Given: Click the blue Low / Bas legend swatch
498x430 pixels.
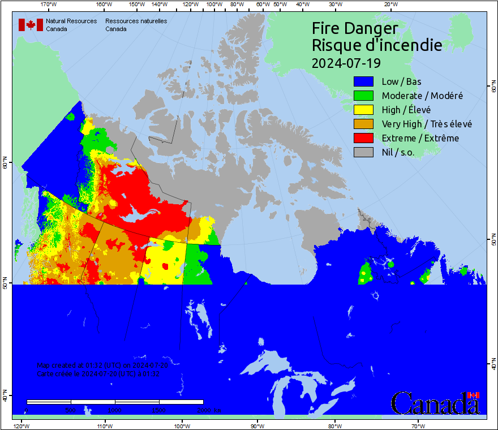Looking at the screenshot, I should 363,81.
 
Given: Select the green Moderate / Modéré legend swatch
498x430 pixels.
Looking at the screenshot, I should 363,96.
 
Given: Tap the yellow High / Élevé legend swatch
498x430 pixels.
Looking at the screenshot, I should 363,110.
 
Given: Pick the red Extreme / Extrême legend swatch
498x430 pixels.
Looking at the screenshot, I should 363,138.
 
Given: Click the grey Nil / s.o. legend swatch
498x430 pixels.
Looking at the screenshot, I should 363,152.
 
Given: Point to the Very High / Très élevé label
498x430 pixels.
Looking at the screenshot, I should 426,124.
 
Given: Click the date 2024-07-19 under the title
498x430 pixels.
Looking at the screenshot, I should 346,63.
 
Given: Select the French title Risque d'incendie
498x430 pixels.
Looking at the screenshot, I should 377,45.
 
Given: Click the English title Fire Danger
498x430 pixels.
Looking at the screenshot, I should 355,28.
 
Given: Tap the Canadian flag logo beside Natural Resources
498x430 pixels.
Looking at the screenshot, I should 31,25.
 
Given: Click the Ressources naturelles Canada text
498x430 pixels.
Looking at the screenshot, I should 136,25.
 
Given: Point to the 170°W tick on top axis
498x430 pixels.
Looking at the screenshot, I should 49,5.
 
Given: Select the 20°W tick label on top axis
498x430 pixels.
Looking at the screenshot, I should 390,5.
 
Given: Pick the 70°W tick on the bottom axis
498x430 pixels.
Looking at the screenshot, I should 418,425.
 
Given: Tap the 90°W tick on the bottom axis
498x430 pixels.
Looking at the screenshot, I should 257,425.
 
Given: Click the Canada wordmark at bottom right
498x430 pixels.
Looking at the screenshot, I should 435,403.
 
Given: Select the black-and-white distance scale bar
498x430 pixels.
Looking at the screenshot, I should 115,402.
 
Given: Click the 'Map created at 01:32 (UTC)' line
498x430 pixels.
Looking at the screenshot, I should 102,365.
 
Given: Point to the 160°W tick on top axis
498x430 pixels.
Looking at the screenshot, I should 103,5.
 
